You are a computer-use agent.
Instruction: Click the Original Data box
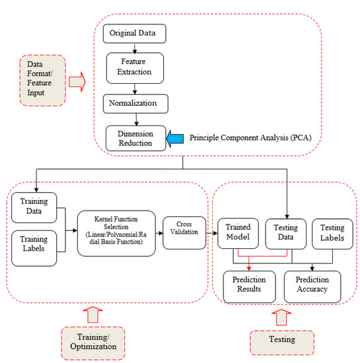click(x=134, y=34)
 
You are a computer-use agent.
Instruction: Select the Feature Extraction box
click(x=135, y=68)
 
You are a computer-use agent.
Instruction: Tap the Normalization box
click(x=135, y=104)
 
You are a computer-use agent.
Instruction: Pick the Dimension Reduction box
click(x=136, y=138)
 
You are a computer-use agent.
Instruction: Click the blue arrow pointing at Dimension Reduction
click(x=175, y=139)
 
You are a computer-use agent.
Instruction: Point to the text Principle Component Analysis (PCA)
click(x=250, y=138)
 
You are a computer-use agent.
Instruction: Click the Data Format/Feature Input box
click(x=43, y=81)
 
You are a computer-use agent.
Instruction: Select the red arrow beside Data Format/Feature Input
click(x=77, y=82)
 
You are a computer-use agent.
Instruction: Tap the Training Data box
click(x=34, y=208)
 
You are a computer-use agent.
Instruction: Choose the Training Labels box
click(x=34, y=248)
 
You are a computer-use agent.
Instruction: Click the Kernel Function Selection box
click(x=116, y=234)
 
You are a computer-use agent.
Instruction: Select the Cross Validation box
click(x=184, y=233)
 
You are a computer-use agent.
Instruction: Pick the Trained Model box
click(x=238, y=234)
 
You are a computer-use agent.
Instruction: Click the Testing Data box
click(x=286, y=234)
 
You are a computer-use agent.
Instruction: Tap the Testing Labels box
click(x=332, y=234)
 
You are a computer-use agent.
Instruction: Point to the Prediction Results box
click(x=249, y=286)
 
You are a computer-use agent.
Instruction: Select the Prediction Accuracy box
click(x=312, y=286)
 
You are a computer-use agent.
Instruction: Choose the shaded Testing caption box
click(x=282, y=343)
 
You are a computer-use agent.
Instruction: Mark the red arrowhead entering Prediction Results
click(x=249, y=269)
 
